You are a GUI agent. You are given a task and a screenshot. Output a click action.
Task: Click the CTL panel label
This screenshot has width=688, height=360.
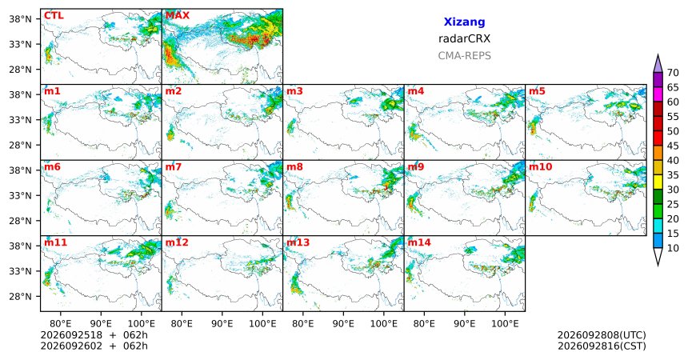click(x=54, y=16)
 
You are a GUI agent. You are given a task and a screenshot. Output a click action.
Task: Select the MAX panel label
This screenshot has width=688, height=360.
click(x=178, y=16)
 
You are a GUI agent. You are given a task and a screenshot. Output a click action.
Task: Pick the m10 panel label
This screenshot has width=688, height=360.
click(x=540, y=167)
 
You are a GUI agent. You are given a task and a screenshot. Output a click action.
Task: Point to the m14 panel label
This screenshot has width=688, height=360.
click(x=419, y=242)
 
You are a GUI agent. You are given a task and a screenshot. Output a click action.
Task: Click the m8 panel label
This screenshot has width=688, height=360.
click(x=295, y=167)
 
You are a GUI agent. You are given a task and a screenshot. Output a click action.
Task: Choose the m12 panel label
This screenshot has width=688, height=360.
click(x=177, y=242)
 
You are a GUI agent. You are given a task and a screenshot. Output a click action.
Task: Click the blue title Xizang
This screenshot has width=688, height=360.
click(x=464, y=22)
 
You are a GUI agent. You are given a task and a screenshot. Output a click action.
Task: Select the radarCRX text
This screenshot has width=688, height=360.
click(x=464, y=38)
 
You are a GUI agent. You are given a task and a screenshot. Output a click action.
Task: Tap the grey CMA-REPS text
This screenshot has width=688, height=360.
click(x=464, y=56)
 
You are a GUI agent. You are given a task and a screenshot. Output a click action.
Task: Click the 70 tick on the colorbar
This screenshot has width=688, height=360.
click(x=673, y=73)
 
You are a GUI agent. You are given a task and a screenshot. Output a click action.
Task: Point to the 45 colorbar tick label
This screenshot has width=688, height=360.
click(x=673, y=146)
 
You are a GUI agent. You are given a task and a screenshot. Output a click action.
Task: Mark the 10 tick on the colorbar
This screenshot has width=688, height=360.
click(x=673, y=248)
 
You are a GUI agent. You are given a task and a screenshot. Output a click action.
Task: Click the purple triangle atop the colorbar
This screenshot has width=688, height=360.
click(x=658, y=63)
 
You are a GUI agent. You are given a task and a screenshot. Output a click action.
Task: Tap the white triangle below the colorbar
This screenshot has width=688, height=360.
click(x=658, y=257)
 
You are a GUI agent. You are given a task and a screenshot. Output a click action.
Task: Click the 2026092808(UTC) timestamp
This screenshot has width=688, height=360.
click(x=602, y=335)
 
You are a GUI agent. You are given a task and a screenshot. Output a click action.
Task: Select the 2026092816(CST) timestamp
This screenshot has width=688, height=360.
click(x=602, y=346)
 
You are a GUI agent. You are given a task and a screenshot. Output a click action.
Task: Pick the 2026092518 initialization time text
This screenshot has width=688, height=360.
click(x=71, y=335)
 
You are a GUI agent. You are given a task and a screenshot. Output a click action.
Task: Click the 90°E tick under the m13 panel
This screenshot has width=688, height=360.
click(x=343, y=324)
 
